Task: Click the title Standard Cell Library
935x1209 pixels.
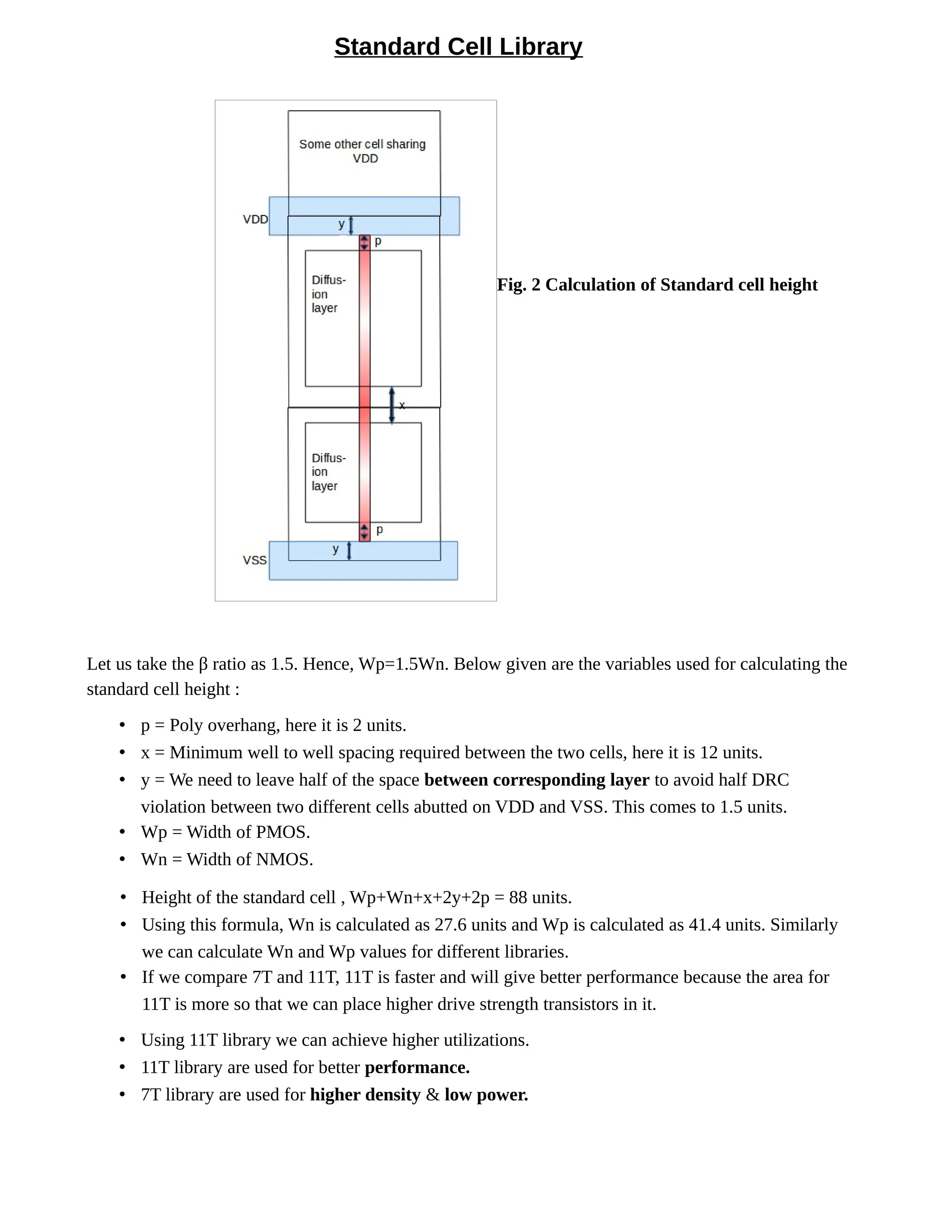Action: pos(458,47)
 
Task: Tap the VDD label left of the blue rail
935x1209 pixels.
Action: pos(255,219)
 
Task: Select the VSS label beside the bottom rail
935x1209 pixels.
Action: pos(254,560)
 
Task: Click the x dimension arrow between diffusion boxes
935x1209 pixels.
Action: pos(392,405)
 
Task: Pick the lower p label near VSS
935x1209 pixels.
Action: pos(379,530)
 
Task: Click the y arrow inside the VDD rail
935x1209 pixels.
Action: pos(351,225)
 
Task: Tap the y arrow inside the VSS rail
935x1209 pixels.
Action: pos(349,551)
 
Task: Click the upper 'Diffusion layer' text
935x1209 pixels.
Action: pos(328,294)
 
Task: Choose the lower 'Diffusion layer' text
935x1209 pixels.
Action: pos(328,472)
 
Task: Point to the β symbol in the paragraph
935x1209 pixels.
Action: pos(203,664)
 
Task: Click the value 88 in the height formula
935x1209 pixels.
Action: pos(518,897)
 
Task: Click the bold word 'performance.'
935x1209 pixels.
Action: pos(417,1067)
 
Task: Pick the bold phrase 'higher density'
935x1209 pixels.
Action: pos(365,1094)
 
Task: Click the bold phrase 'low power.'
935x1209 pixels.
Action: pos(486,1094)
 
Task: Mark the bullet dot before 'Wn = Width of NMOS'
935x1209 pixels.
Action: pos(122,859)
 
